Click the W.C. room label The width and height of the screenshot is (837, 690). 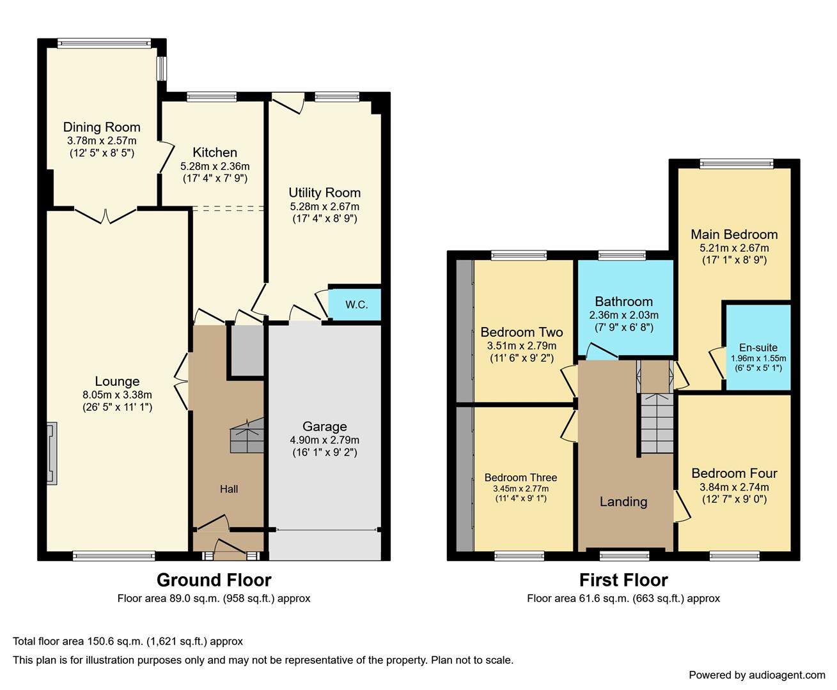(x=356, y=305)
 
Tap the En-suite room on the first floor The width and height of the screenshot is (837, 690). (x=758, y=348)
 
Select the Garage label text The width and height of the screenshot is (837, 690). (x=325, y=426)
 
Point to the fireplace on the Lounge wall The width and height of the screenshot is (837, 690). (x=51, y=454)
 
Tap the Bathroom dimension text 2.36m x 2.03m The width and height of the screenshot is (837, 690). (x=623, y=315)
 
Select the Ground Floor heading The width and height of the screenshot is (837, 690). (x=214, y=579)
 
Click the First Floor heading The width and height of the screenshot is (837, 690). (x=623, y=579)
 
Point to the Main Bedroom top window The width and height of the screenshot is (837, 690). (x=737, y=164)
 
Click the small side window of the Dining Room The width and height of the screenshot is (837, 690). (x=162, y=69)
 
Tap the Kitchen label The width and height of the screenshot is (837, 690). (x=215, y=152)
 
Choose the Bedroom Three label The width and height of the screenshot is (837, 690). (x=520, y=477)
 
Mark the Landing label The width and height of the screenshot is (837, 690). (x=623, y=502)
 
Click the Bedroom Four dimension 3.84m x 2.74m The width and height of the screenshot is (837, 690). (x=734, y=487)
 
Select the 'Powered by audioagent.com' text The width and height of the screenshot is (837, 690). (x=756, y=675)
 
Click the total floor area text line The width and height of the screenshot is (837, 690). (x=128, y=641)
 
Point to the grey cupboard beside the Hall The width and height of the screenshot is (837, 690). (x=247, y=350)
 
